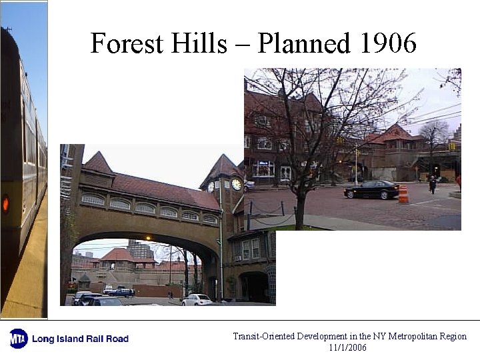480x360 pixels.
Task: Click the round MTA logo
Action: tap(18, 338)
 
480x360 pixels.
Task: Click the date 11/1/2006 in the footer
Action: tap(347, 347)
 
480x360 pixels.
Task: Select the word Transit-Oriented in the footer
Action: tap(264, 337)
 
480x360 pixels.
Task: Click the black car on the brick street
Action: tap(371, 189)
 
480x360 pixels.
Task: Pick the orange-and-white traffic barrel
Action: tap(403, 194)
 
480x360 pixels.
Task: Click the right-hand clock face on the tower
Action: tap(236, 185)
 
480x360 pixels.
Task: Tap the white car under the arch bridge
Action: tap(197, 300)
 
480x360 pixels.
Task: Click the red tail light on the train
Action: tap(5, 203)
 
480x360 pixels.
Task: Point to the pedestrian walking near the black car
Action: tap(432, 184)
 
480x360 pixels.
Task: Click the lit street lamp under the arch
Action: tap(147, 238)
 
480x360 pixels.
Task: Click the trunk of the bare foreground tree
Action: tap(301, 211)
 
